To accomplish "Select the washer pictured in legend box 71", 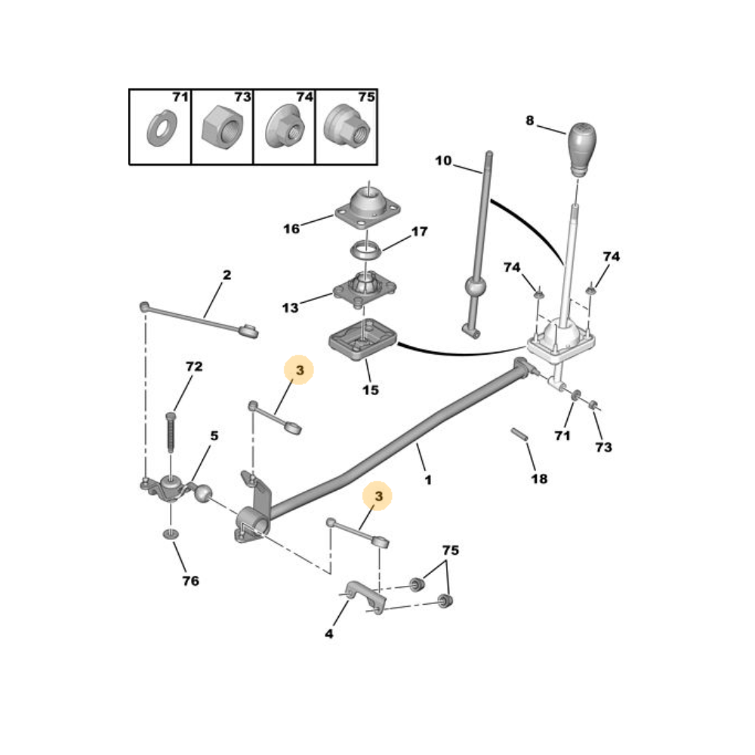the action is (162, 128).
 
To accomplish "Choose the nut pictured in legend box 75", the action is (347, 127).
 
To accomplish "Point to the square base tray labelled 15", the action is (363, 339).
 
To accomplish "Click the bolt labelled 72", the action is (171, 433).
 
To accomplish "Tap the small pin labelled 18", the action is (519, 434).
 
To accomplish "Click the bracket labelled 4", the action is (366, 597).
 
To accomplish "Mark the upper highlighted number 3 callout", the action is (299, 370).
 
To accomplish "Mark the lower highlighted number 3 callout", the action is (378, 496).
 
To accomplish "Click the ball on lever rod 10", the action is (475, 288).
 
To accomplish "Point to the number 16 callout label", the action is (291, 229).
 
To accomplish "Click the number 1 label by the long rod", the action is (428, 479).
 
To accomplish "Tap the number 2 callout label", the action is (226, 275).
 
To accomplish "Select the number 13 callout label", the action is (291, 308).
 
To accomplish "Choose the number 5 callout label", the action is (214, 436).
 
